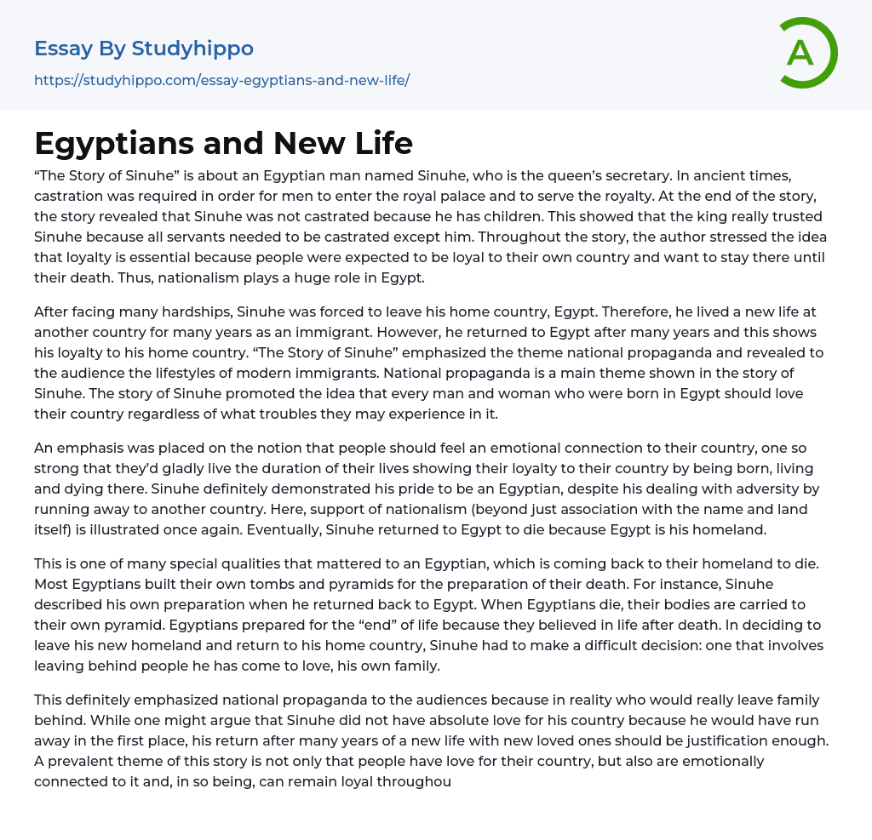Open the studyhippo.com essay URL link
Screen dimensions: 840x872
click(x=221, y=80)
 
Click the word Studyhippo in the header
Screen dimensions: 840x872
click(x=192, y=49)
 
